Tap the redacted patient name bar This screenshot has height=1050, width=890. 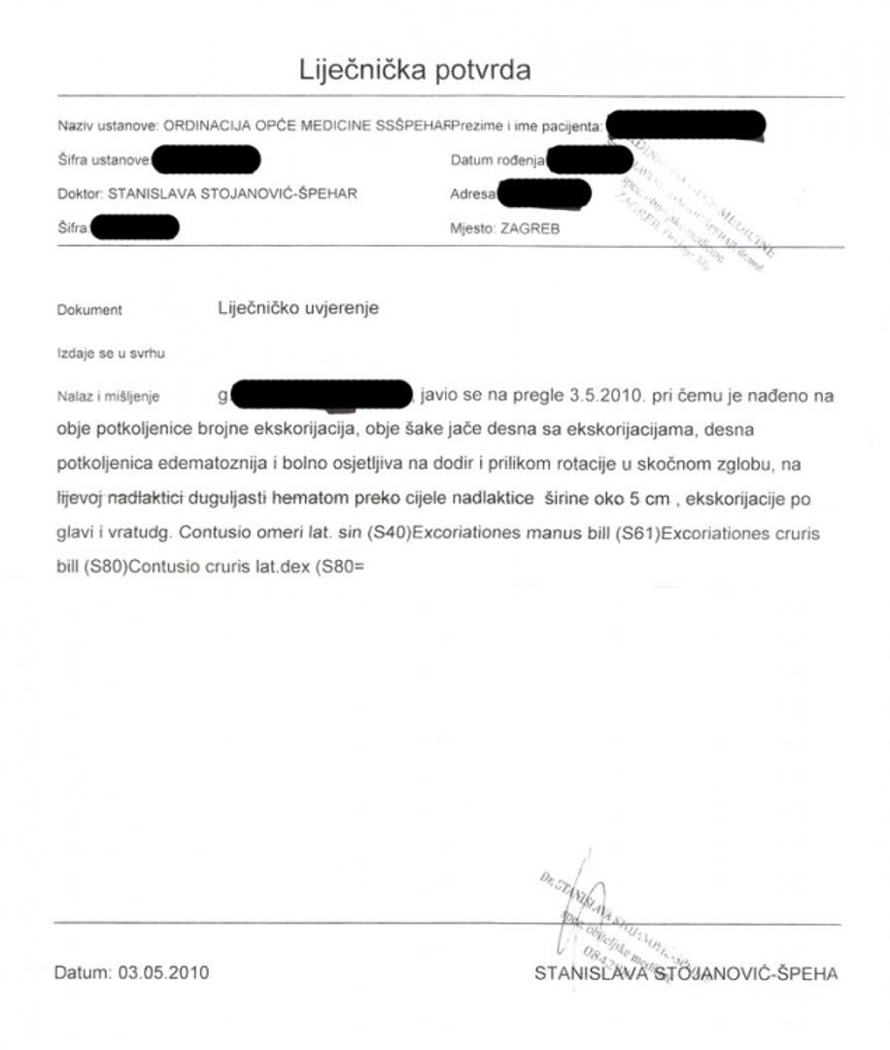tap(684, 125)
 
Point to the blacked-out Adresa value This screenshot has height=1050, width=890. tap(543, 194)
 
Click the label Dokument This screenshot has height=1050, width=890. tap(89, 311)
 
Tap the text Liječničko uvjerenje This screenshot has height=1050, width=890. tap(298, 309)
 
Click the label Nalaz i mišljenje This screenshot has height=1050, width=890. tap(108, 397)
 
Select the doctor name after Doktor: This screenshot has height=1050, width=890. tap(233, 193)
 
